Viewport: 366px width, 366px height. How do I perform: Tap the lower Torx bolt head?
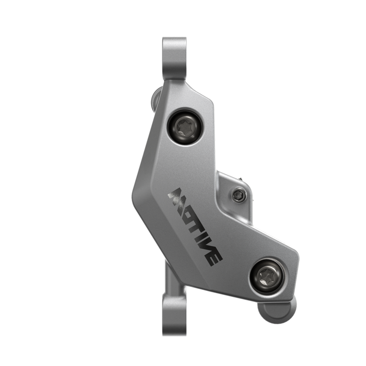(266, 275)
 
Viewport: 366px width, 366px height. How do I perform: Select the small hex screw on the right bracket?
(238, 196)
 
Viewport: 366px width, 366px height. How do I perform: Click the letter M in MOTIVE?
(177, 197)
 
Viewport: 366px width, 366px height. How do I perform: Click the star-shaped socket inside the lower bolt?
(266, 275)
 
